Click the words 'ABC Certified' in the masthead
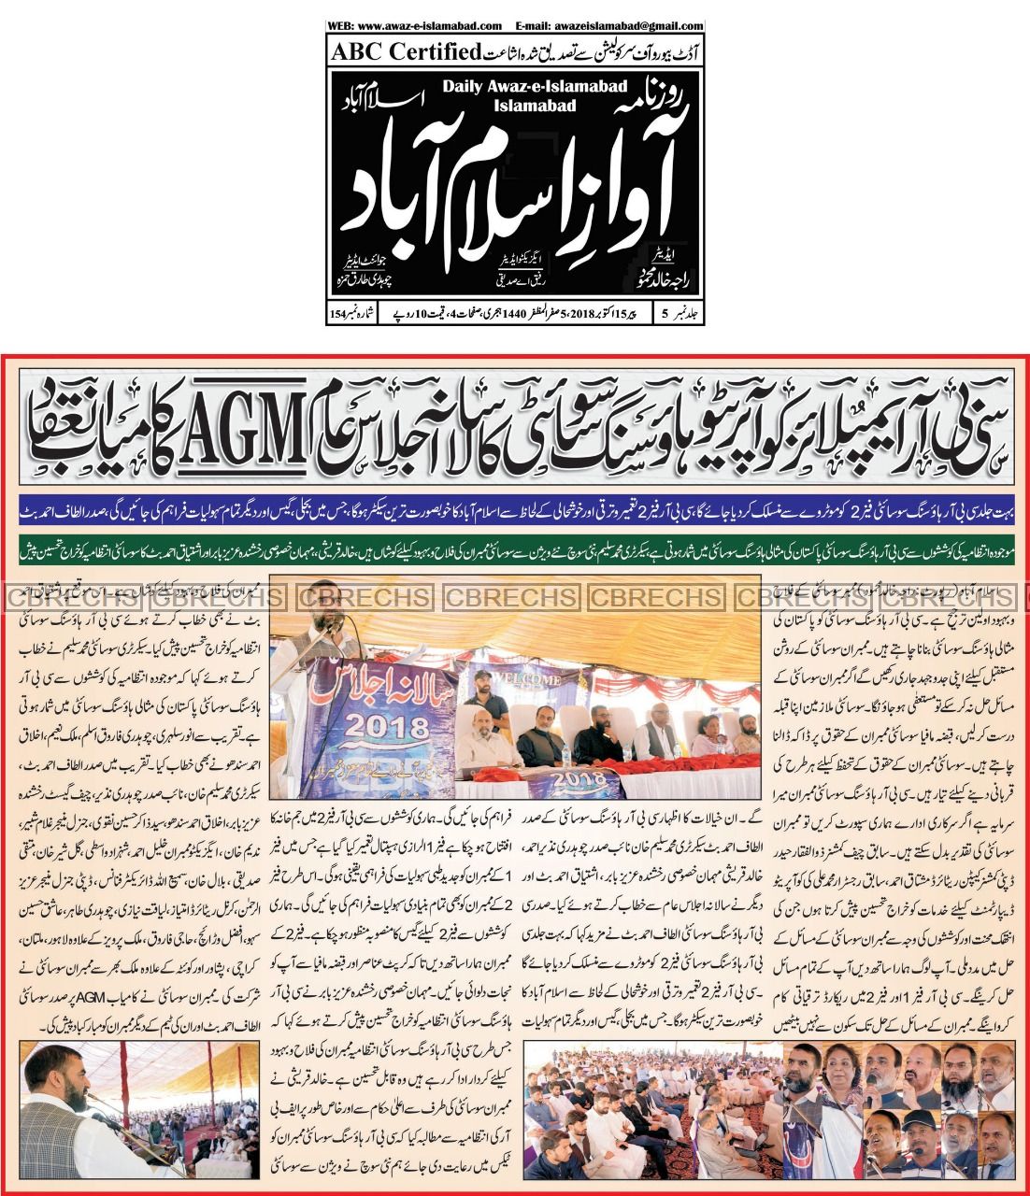[x=404, y=49]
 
